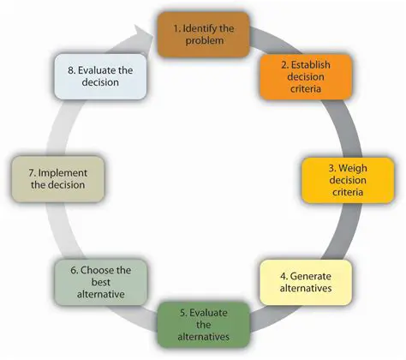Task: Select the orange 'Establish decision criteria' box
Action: (295, 78)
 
